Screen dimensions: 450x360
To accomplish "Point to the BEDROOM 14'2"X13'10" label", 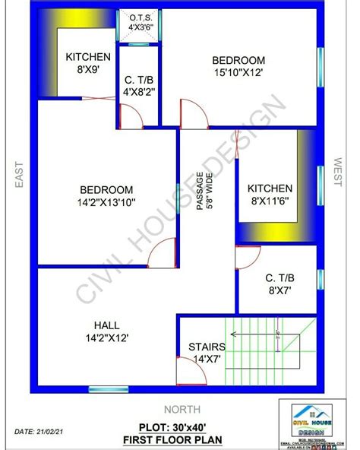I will click(x=106, y=196).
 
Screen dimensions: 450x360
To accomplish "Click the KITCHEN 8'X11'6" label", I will click(x=269, y=195).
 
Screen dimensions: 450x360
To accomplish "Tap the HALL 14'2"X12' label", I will click(x=106, y=330).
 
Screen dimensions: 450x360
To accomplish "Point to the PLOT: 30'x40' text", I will click(x=181, y=428).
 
